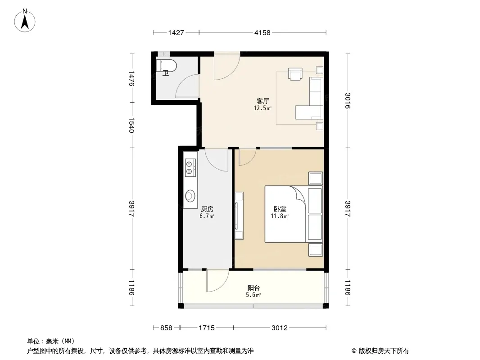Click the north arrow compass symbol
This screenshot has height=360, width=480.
pos(25,21)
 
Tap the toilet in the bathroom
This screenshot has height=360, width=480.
pos(167,66)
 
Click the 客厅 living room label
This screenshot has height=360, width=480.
pos(263,101)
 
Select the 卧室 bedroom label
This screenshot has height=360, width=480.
pos(280,209)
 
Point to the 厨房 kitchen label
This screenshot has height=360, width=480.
pos(207,209)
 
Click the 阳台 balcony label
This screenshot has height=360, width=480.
pos(254,288)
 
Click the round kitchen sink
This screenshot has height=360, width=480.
pos(190,195)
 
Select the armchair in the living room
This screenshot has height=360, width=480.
pos(295,74)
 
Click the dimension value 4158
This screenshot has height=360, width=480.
pos(263,33)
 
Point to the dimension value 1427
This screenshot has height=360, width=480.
pos(176,33)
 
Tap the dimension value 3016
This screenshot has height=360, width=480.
pos(348,101)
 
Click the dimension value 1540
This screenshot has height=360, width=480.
pos(131,125)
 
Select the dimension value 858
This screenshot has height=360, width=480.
pos(166,328)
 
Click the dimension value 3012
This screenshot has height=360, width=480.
pos(280,328)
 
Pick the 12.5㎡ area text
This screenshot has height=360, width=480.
pos(263,108)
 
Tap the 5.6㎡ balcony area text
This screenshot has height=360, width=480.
pos(254,295)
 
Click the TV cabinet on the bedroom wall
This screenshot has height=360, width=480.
pos(239,216)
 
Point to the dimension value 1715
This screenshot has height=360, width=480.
pos(207,328)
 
